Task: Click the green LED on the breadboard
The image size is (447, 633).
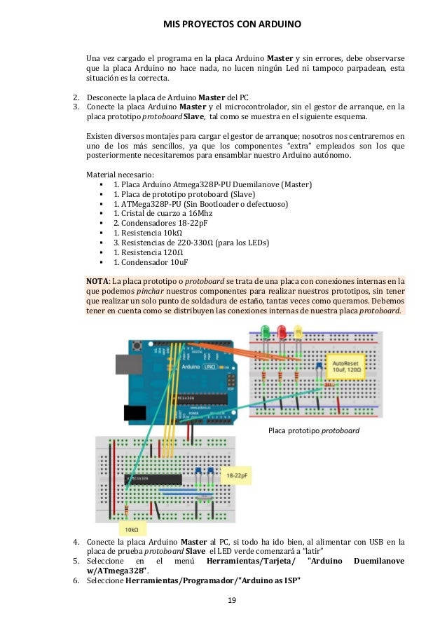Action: click(266, 331)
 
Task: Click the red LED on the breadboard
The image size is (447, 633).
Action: click(282, 331)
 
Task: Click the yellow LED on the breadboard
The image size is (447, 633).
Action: click(298, 331)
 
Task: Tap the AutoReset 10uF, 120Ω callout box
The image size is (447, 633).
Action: click(347, 368)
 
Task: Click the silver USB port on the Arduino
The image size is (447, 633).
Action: click(123, 362)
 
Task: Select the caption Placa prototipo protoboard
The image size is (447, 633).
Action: click(314, 430)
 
